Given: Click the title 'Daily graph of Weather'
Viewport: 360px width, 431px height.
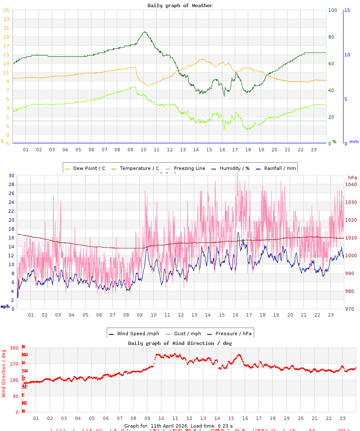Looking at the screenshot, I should (180, 6).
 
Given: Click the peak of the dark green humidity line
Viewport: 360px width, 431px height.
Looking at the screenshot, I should (144, 31).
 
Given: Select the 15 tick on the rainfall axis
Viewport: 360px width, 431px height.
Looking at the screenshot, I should (347, 10).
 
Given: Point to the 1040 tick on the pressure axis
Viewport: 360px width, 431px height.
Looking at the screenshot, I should (352, 184).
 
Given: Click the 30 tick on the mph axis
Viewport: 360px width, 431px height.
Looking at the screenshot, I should (11, 175).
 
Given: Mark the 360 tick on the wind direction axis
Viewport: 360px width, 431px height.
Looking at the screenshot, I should (14, 348).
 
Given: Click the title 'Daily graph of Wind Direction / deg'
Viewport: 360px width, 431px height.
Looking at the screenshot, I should (180, 343).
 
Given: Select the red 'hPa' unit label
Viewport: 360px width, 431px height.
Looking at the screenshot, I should (352, 177).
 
